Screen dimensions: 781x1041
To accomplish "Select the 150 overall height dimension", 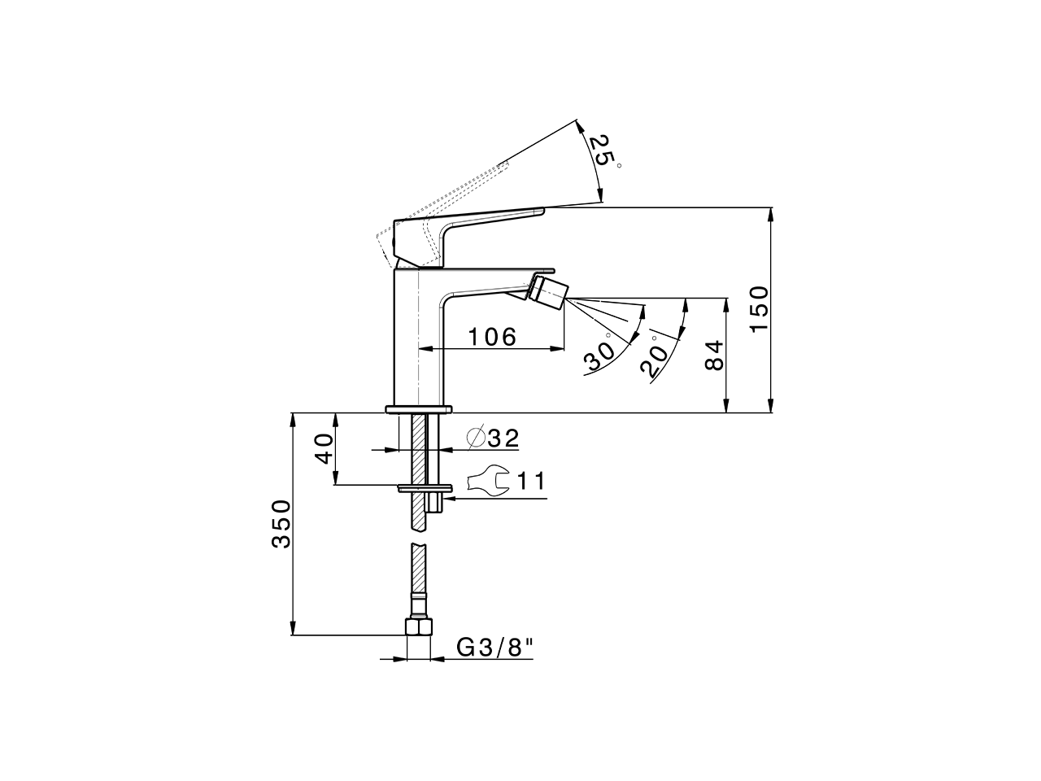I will tap(757, 308).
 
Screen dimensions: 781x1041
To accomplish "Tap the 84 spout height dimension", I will tap(712, 356).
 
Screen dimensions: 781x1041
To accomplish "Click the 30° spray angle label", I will tap(599, 354).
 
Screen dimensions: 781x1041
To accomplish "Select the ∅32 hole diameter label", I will tap(493, 438).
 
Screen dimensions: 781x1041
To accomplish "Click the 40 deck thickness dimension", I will tap(324, 448).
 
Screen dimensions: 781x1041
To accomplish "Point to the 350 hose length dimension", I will tap(281, 523).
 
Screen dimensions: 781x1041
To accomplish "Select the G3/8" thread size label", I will tap(494, 648).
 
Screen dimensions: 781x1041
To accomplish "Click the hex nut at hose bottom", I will tap(419, 627).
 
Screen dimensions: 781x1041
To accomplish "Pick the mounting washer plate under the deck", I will tap(423, 489).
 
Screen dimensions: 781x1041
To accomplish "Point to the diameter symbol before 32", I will tap(477, 438).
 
